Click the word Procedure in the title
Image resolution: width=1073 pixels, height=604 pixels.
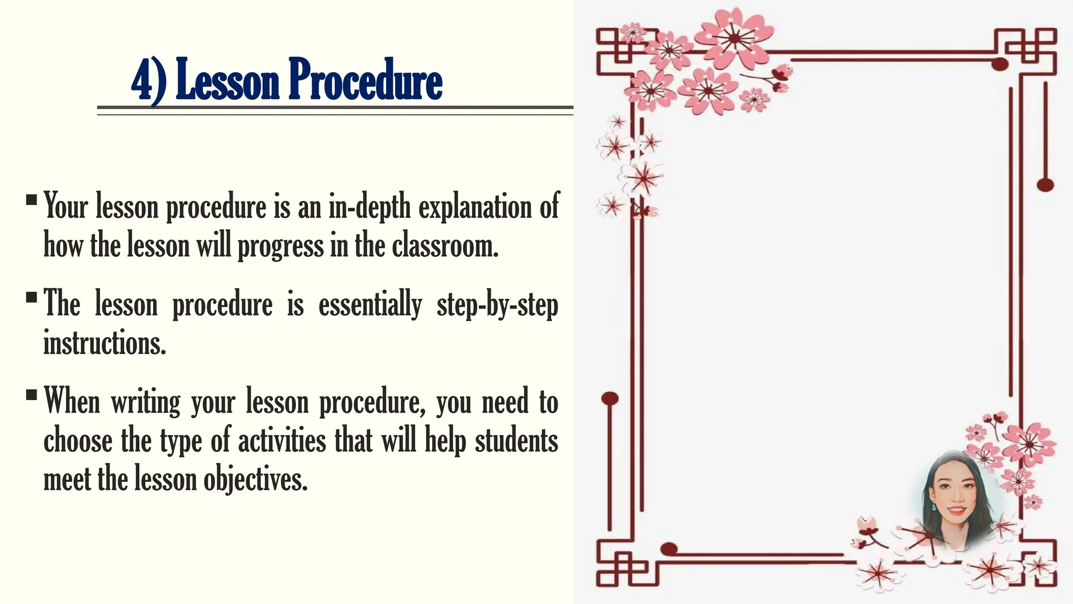(365, 80)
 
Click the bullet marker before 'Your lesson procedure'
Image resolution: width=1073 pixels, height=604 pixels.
(31, 200)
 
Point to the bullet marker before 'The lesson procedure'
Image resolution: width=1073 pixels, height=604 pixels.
(31, 297)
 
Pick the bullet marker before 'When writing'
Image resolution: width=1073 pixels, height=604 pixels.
(31, 394)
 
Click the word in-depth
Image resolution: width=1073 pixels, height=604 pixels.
(370, 207)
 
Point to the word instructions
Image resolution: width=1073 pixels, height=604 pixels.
(104, 343)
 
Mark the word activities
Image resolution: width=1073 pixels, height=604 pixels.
(282, 441)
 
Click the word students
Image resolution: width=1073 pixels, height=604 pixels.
(516, 441)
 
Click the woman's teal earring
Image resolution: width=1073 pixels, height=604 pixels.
(933, 508)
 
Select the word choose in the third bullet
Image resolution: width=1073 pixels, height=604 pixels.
(78, 441)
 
